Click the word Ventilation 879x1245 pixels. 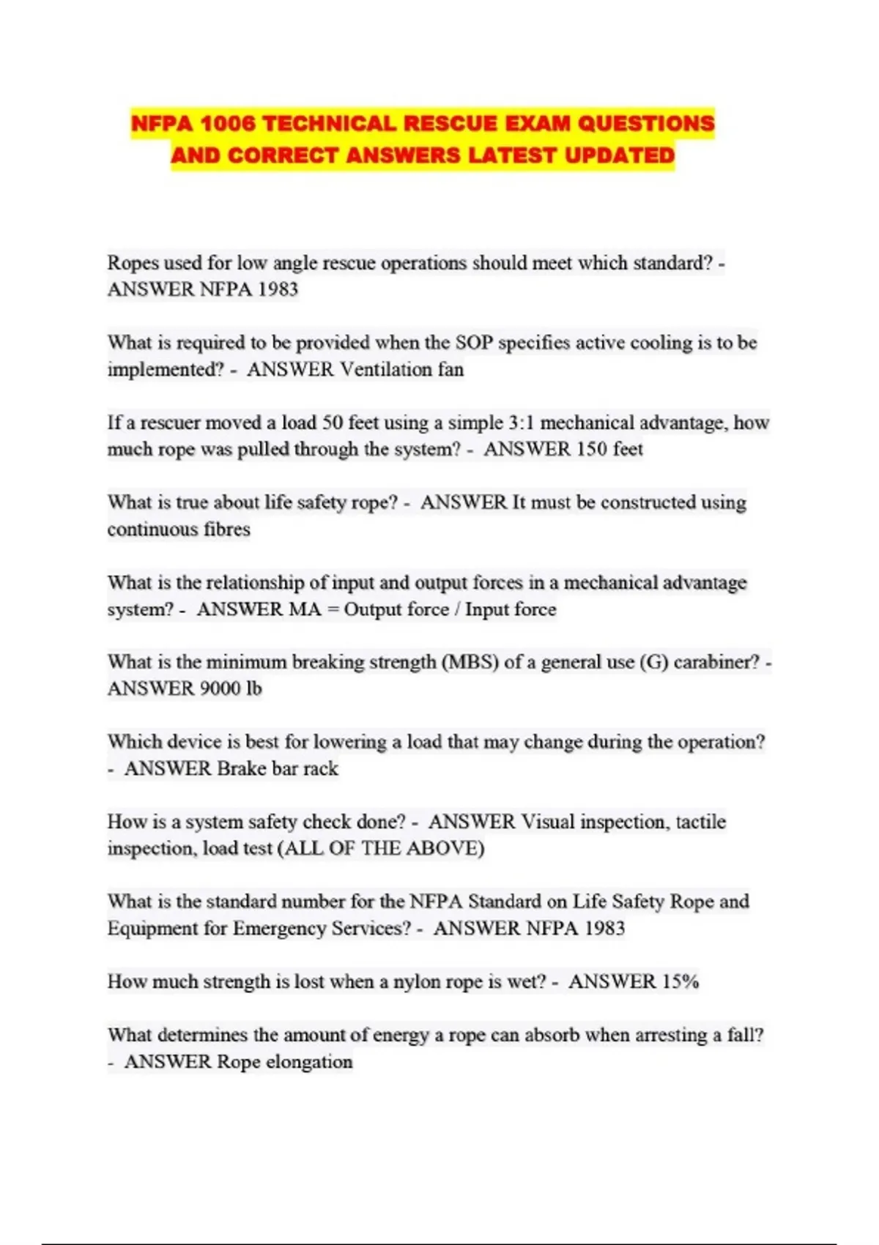(386, 369)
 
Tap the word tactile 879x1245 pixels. (700, 822)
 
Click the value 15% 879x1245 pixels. (680, 981)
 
